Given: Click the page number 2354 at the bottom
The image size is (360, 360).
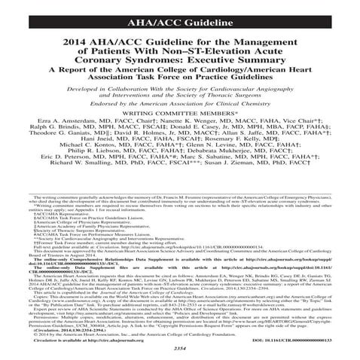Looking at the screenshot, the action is click(179, 352).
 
